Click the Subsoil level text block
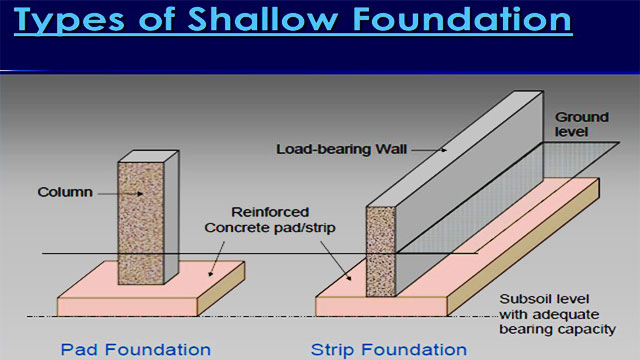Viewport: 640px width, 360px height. click(560, 314)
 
